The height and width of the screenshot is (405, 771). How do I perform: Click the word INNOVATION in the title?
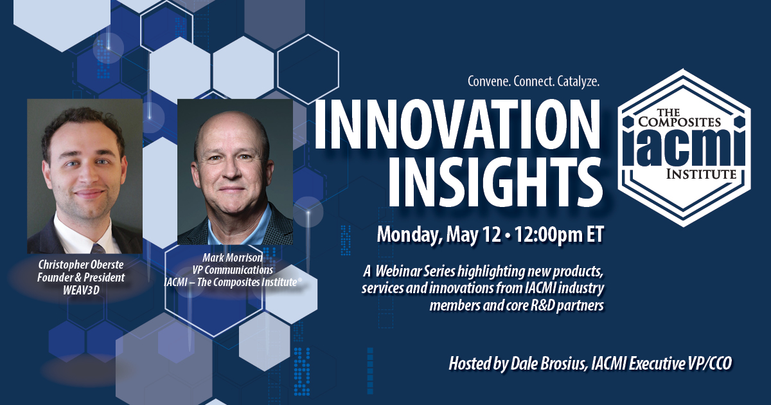pos(457,124)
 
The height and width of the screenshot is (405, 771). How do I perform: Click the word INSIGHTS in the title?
pos(495,181)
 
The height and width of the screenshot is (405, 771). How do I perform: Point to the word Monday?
pos(409,235)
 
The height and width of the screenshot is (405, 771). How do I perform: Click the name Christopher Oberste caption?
pos(81,265)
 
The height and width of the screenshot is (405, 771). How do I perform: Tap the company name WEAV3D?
pos(81,291)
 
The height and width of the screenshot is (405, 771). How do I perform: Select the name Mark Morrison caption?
pos(233,257)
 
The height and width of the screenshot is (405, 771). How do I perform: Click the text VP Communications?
pos(233,270)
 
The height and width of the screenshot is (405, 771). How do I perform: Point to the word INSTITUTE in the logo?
pos(701,174)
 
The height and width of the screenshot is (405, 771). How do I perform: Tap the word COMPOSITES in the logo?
pos(680,122)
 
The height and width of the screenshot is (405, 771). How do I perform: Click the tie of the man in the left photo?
pos(98,248)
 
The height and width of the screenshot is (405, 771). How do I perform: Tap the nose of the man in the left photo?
pos(89,175)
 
